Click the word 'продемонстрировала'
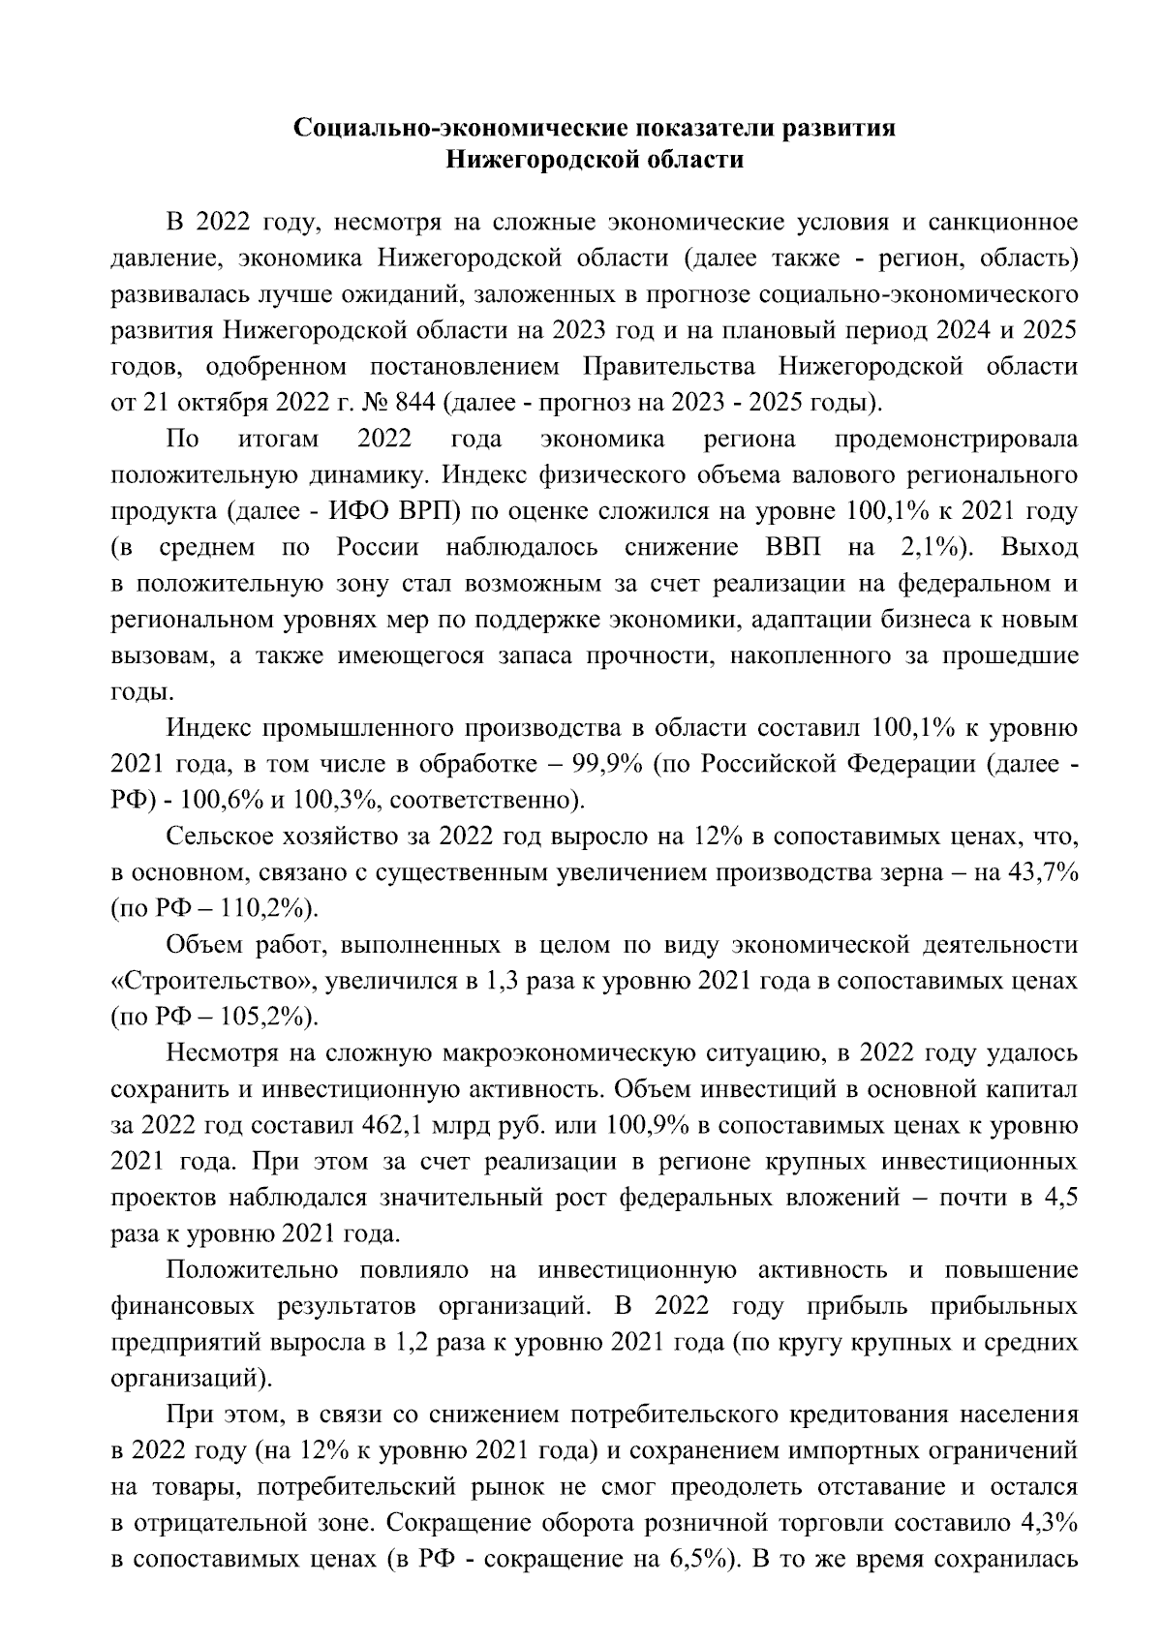tap(956, 440)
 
